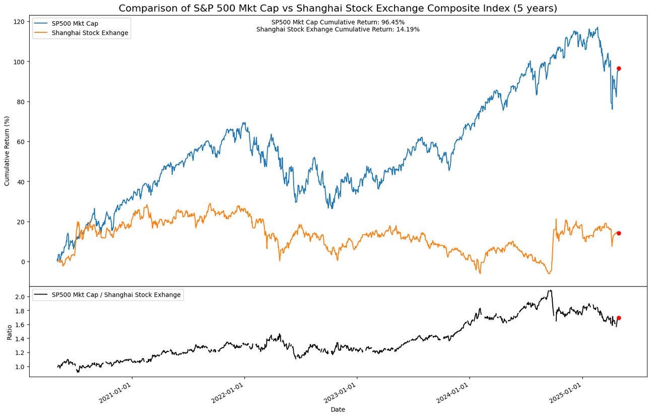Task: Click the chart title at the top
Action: [x=338, y=8]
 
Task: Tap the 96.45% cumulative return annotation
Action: [x=338, y=22]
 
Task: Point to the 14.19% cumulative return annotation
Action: [x=338, y=30]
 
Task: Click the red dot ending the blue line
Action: [x=619, y=69]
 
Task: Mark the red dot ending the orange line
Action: [x=619, y=233]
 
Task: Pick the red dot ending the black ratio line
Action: [x=619, y=318]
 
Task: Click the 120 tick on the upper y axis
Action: [x=20, y=22]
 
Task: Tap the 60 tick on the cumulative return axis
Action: [x=22, y=142]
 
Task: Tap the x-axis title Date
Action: [x=338, y=410]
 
